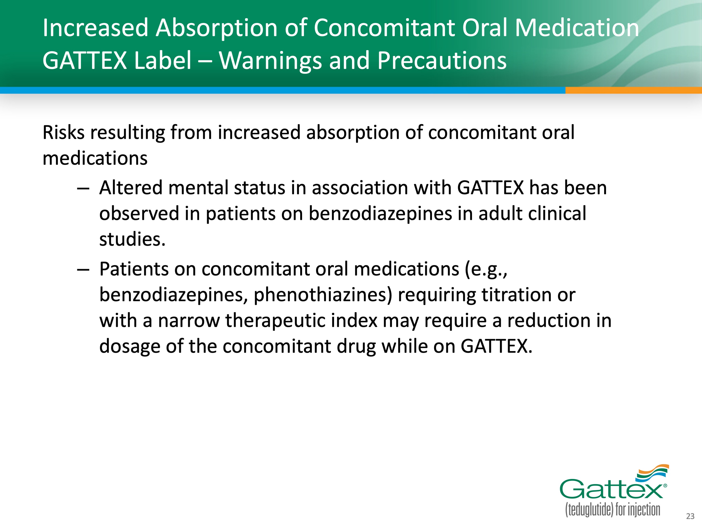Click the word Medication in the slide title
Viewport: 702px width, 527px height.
(x=577, y=28)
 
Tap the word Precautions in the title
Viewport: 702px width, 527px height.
(x=442, y=60)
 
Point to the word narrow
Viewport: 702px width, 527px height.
(x=189, y=321)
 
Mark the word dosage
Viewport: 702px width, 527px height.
(x=129, y=347)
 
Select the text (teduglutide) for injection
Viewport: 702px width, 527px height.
(x=613, y=510)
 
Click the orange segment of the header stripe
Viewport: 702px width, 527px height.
(x=633, y=90)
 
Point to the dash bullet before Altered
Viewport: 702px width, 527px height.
(x=83, y=188)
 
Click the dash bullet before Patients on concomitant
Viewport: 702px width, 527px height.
(x=83, y=270)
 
